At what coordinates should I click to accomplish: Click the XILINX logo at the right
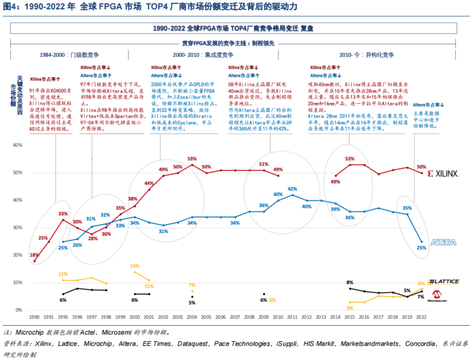443,173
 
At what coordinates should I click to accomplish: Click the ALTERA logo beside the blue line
443,242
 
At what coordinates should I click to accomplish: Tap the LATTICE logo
443,282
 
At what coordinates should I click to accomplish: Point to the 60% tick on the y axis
18,145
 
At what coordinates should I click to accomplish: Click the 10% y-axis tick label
18,283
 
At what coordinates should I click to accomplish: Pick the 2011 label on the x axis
292,317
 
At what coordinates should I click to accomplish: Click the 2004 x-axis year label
192,317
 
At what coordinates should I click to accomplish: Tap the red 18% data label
34,255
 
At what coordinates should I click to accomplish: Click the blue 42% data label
293,189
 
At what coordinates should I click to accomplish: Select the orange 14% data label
135,266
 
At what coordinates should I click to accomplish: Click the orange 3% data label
350,308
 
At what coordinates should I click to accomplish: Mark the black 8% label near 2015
350,282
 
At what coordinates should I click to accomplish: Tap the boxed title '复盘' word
307,28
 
